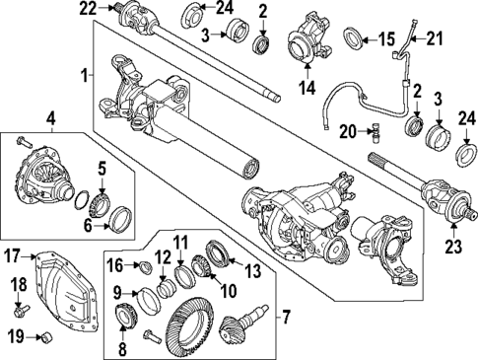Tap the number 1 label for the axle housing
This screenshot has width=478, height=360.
[x=87, y=74]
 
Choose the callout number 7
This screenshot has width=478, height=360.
[x=286, y=317]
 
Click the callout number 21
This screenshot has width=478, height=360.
[x=435, y=38]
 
